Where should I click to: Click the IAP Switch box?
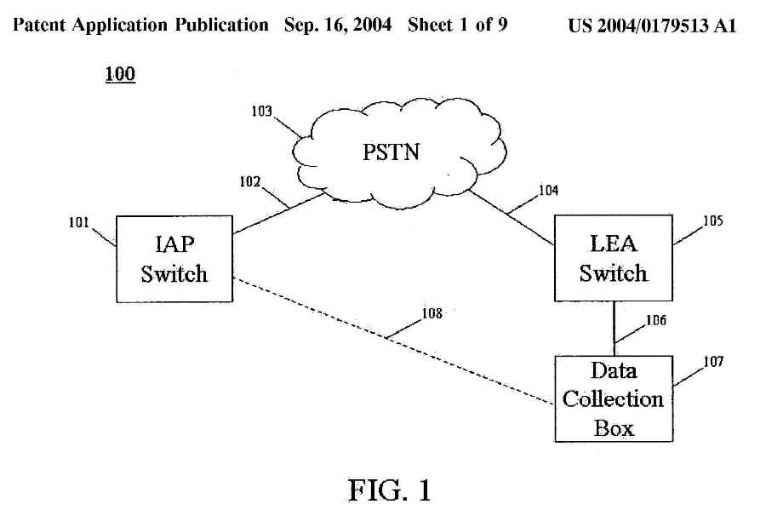point(174,260)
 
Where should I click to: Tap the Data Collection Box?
point(614,398)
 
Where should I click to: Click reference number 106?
point(655,321)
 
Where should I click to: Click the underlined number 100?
point(120,75)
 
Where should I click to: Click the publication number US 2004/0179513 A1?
point(651,26)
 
